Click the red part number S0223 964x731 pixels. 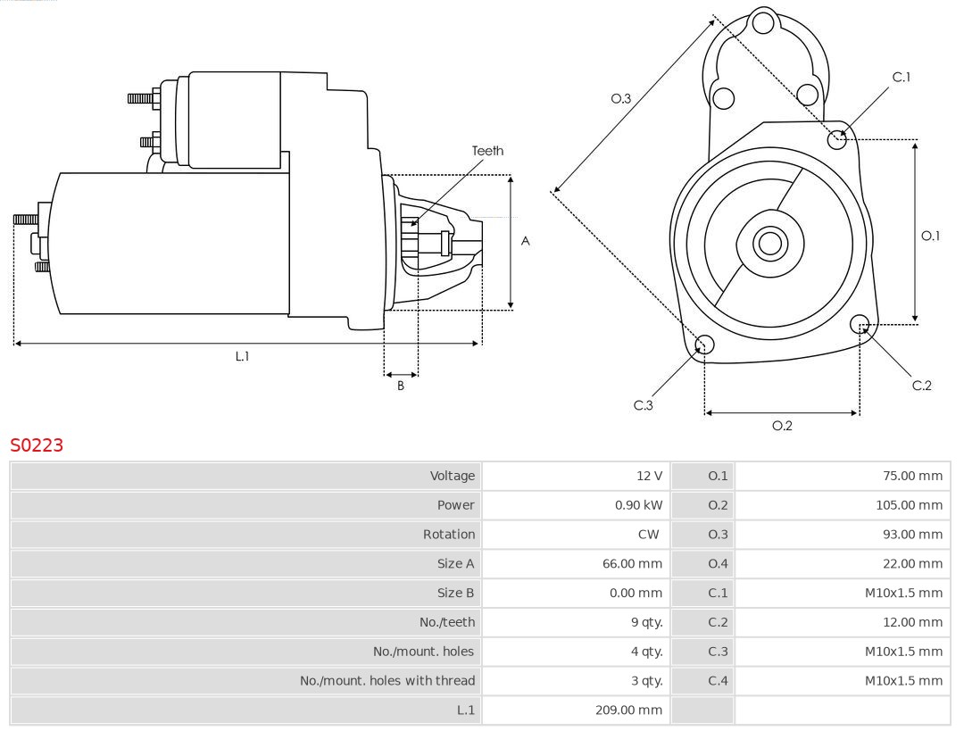pyautogui.click(x=37, y=444)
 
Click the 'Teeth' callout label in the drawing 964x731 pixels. pyautogui.click(x=487, y=151)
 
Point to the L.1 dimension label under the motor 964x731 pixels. pyautogui.click(x=242, y=356)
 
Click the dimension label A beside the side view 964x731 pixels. pyautogui.click(x=526, y=241)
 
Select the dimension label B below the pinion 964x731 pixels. pyautogui.click(x=401, y=386)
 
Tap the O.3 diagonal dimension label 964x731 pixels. pyautogui.click(x=620, y=98)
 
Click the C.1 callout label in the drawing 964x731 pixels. pyautogui.click(x=902, y=77)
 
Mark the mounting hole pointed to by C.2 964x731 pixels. pyautogui.click(x=860, y=323)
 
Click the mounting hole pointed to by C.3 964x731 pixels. pyautogui.click(x=703, y=345)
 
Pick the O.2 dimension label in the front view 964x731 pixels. pyautogui.click(x=782, y=426)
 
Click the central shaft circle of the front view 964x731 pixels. pyautogui.click(x=768, y=243)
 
